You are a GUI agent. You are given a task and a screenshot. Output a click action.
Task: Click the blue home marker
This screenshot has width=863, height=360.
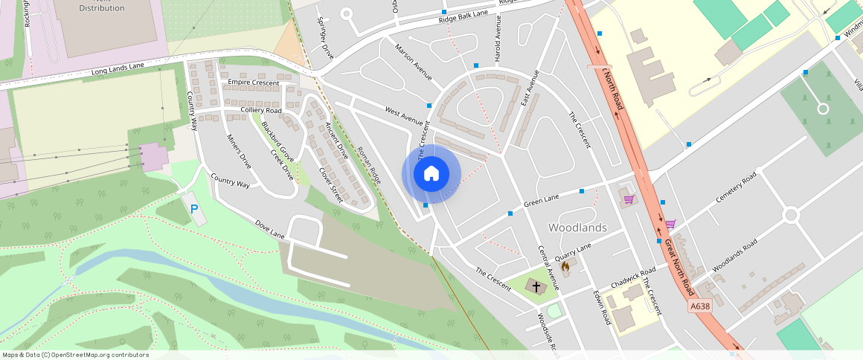(x=431, y=174)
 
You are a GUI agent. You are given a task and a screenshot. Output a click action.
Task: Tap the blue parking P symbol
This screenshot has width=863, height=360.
(x=194, y=210)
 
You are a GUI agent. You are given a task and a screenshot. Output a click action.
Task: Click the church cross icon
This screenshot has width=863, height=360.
(x=536, y=286)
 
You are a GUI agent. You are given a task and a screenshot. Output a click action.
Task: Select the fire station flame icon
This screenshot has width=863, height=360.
(x=565, y=266)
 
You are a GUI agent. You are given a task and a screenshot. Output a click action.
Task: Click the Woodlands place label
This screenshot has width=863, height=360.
(x=577, y=227)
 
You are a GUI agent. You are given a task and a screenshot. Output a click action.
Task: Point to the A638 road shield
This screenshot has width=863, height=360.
(x=700, y=306)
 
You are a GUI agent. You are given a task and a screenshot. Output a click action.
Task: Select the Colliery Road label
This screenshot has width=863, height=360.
(x=261, y=110)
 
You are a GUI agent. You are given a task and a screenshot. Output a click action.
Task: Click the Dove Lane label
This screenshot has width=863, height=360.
(x=270, y=229)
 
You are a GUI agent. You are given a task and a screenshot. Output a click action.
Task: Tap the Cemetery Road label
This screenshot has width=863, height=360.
(x=735, y=188)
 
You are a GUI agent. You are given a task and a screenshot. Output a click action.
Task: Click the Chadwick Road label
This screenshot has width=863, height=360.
(x=633, y=278)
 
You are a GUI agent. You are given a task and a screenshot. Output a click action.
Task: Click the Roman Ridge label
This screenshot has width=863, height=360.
(x=369, y=165)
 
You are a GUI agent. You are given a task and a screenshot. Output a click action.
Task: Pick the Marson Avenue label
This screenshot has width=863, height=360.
(x=414, y=62)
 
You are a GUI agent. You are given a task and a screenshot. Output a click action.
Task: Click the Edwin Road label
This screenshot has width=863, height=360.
(x=601, y=306)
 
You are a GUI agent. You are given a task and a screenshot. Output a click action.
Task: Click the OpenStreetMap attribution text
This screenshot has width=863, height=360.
(x=75, y=355)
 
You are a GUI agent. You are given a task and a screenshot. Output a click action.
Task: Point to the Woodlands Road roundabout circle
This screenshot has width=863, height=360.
(x=790, y=215)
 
